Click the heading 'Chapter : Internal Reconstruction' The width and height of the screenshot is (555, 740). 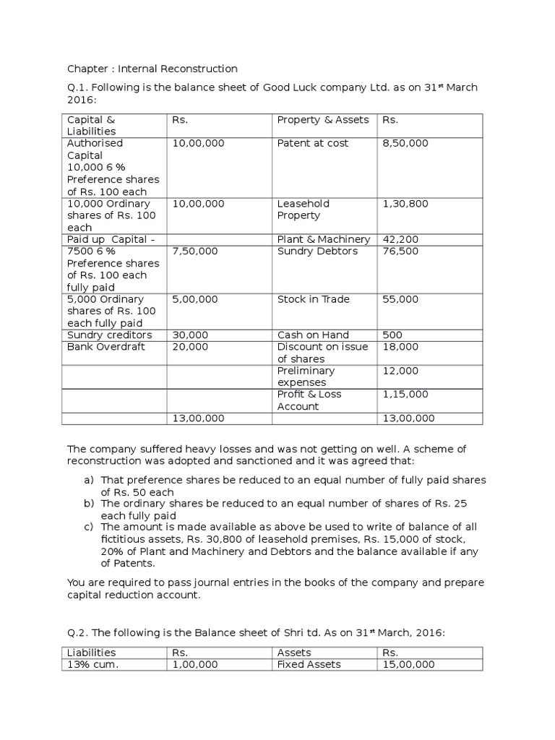click(152, 69)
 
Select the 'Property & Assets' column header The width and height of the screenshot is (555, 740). click(322, 120)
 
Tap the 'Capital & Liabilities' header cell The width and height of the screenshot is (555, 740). click(92, 125)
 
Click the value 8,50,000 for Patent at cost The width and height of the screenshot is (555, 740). click(405, 143)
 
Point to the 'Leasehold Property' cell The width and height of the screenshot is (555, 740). click(298, 210)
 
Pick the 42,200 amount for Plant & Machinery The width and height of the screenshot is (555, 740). click(400, 239)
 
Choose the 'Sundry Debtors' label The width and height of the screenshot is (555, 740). click(317, 251)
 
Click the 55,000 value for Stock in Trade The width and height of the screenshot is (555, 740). click(400, 299)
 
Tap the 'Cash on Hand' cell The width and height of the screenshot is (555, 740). click(313, 335)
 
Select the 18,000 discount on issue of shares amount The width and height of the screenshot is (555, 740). click(400, 347)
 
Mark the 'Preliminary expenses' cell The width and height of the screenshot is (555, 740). click(306, 377)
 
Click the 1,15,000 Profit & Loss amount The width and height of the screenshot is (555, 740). click(405, 394)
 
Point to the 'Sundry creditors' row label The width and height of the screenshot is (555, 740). click(109, 335)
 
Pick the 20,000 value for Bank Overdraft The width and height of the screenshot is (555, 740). click(191, 347)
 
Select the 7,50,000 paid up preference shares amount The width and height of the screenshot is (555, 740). click(194, 251)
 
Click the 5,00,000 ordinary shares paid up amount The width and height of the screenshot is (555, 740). click(194, 299)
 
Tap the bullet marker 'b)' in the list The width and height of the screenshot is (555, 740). click(90, 504)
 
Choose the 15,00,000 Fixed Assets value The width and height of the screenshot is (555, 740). click(408, 664)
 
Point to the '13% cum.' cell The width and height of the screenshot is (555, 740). click(92, 664)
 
